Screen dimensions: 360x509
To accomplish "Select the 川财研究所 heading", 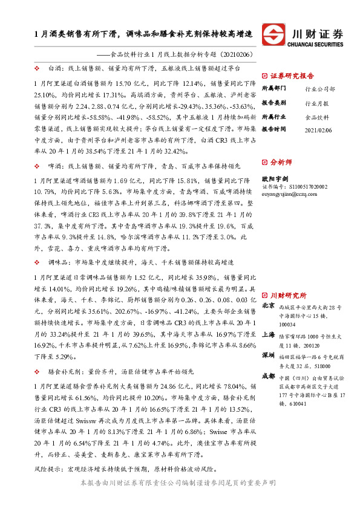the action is coord(288,295).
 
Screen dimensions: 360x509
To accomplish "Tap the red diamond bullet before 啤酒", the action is coord(38,165).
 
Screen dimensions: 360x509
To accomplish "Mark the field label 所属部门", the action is coord(272,88).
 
